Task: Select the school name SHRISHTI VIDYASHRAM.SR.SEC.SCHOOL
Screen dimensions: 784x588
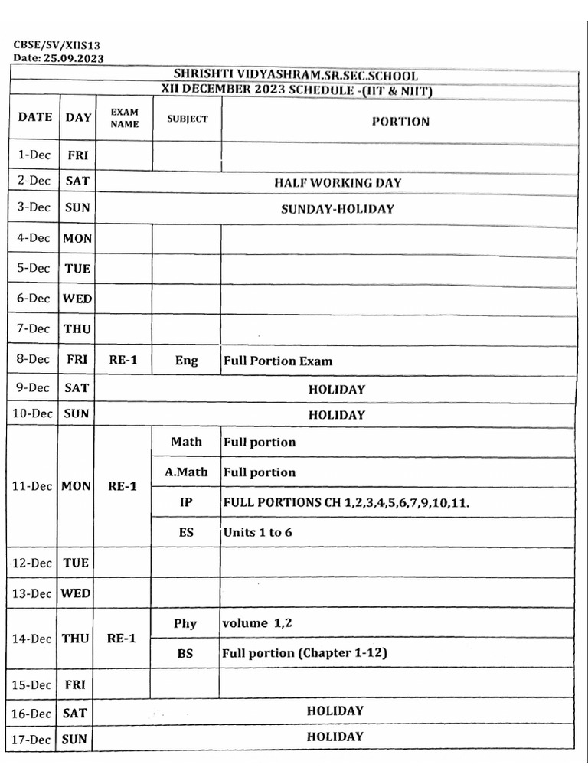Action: coord(296,75)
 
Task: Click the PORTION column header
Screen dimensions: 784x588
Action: coord(400,121)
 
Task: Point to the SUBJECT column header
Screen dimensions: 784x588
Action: coord(187,119)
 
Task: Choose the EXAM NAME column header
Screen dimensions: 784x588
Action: coord(124,118)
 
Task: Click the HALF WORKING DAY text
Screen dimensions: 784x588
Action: coord(338,182)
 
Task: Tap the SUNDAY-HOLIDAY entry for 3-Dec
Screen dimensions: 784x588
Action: coord(337,208)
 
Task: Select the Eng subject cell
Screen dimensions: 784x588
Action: coord(186,360)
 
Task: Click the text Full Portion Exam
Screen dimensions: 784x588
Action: coord(277,360)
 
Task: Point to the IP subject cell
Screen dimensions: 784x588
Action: coord(186,502)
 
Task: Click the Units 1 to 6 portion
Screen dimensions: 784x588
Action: coord(257,532)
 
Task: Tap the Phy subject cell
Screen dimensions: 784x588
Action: coord(185,623)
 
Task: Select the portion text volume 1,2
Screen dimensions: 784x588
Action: coord(256,623)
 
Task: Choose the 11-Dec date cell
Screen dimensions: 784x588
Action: coord(32,486)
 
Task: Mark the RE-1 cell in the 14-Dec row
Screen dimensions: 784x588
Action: coord(122,638)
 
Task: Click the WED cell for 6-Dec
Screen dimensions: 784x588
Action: coord(77,299)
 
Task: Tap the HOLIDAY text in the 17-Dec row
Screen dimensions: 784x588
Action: coord(335,737)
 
